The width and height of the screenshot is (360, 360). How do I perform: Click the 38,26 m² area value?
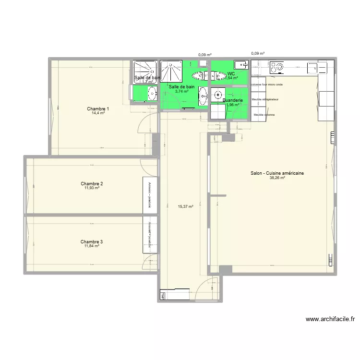277,178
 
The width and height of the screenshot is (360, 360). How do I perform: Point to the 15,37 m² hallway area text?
185,207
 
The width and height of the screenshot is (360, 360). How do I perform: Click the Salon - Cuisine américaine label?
277,173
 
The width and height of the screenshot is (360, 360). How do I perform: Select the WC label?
231,74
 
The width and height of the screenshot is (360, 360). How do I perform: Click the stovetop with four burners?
277,67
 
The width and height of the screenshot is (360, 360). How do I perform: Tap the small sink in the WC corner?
240,64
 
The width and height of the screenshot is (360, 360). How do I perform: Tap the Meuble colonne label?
264,115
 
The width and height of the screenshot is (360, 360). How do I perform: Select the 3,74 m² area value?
181,91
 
